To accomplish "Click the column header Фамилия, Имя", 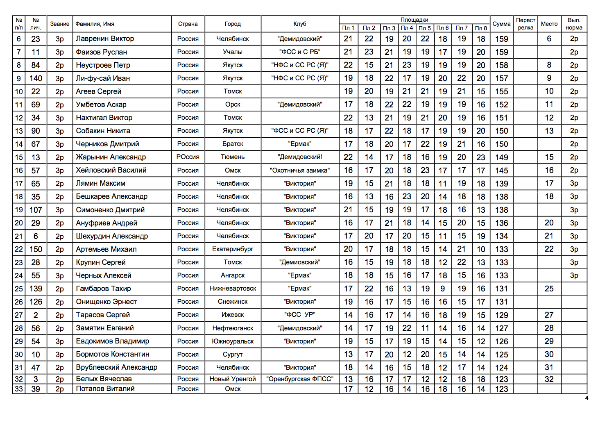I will coord(95,24).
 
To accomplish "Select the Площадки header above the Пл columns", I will coord(414,20).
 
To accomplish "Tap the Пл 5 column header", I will coord(425,28).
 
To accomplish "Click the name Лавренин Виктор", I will coord(105,39).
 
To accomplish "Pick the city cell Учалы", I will coord(233,52).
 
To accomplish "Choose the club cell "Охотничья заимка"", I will coord(299,170).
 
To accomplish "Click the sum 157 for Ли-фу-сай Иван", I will coord(501,78).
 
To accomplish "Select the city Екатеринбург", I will coord(233,249).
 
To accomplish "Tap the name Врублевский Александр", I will coord(116,367).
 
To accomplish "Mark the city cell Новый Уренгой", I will coord(233,379).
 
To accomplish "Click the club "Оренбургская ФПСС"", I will coord(299,379).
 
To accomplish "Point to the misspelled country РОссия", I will coord(188,157).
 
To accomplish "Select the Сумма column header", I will coord(501,24).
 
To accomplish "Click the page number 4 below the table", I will coord(587,398).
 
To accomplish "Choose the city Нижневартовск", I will coord(233,289).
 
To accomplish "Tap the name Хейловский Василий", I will coord(111,170).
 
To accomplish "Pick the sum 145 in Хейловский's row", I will coord(501,170).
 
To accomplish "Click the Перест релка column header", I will coord(525,24).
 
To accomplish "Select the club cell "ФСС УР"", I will coord(299,315).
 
